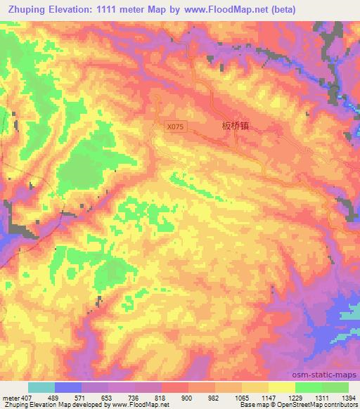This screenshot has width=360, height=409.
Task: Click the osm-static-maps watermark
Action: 330,374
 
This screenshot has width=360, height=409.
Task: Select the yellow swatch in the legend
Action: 282,387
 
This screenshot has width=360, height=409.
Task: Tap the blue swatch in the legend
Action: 68,387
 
